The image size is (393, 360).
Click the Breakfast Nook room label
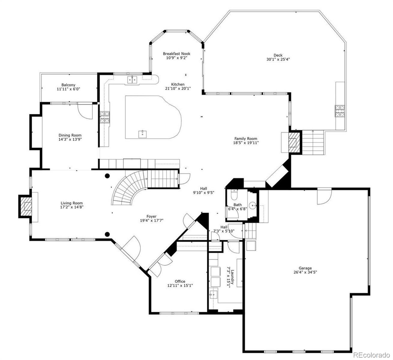point(176,54)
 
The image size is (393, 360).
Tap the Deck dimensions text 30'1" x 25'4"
point(278,59)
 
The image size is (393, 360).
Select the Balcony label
point(68,85)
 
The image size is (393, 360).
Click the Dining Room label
point(70,135)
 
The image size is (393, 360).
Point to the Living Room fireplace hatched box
point(26,206)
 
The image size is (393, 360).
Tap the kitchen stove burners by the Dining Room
point(105,117)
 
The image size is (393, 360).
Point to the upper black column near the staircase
point(107,176)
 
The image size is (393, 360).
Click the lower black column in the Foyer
point(107,234)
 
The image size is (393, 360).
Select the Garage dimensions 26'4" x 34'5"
point(305,272)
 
